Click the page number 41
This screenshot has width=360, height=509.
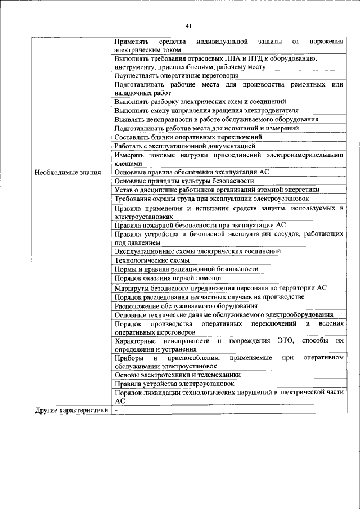point(188,26)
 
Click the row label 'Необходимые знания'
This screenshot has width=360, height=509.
point(67,172)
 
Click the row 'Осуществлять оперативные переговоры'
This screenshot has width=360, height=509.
point(175,75)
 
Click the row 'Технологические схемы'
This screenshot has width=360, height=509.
point(151,260)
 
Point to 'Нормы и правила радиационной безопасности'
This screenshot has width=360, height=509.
point(186,269)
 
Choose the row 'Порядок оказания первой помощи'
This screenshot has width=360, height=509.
point(168,278)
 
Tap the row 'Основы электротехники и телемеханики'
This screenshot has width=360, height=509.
point(177,375)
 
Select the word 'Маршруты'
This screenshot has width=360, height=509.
point(132,287)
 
